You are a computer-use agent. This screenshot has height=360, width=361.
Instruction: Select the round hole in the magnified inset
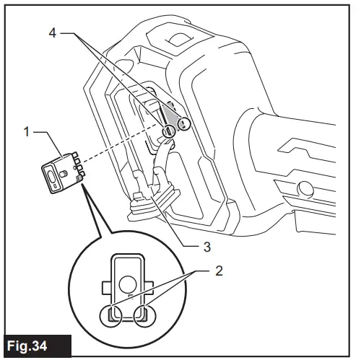129,282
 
